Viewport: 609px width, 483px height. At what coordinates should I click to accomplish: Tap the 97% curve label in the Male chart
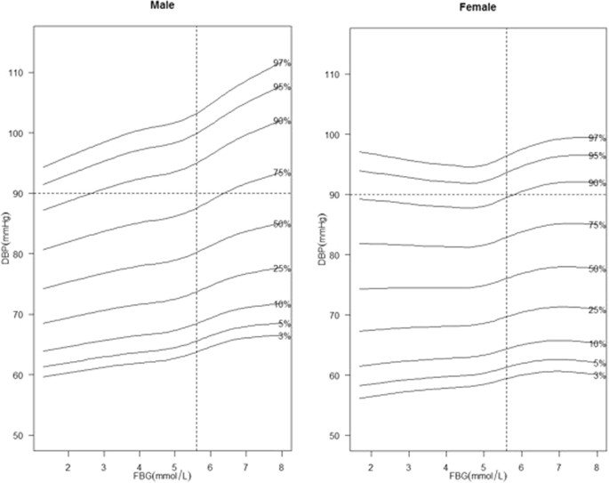coord(283,63)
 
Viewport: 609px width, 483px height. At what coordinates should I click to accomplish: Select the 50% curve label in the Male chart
coord(283,225)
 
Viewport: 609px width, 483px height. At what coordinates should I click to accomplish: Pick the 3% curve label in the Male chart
coord(283,335)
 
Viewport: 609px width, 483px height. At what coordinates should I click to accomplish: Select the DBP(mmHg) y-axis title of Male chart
coord(6,254)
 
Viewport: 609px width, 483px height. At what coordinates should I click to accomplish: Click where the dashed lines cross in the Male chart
coord(196,193)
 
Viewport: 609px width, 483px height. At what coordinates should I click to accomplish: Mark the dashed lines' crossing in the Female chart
coord(507,194)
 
